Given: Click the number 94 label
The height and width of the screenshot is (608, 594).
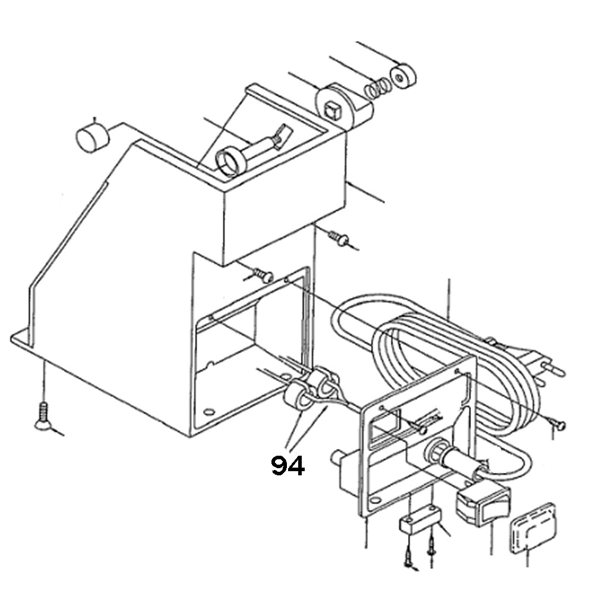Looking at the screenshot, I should [288, 465].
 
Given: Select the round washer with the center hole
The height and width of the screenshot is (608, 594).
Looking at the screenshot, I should [403, 74].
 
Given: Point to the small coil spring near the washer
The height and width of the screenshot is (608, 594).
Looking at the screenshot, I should [377, 88].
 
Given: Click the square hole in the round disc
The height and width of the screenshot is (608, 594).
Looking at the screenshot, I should [333, 108].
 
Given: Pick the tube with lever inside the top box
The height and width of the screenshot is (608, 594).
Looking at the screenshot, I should [249, 152].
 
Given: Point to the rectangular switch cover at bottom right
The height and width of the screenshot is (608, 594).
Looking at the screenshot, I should [532, 528].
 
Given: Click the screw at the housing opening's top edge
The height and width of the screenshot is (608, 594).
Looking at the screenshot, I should [262, 274].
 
